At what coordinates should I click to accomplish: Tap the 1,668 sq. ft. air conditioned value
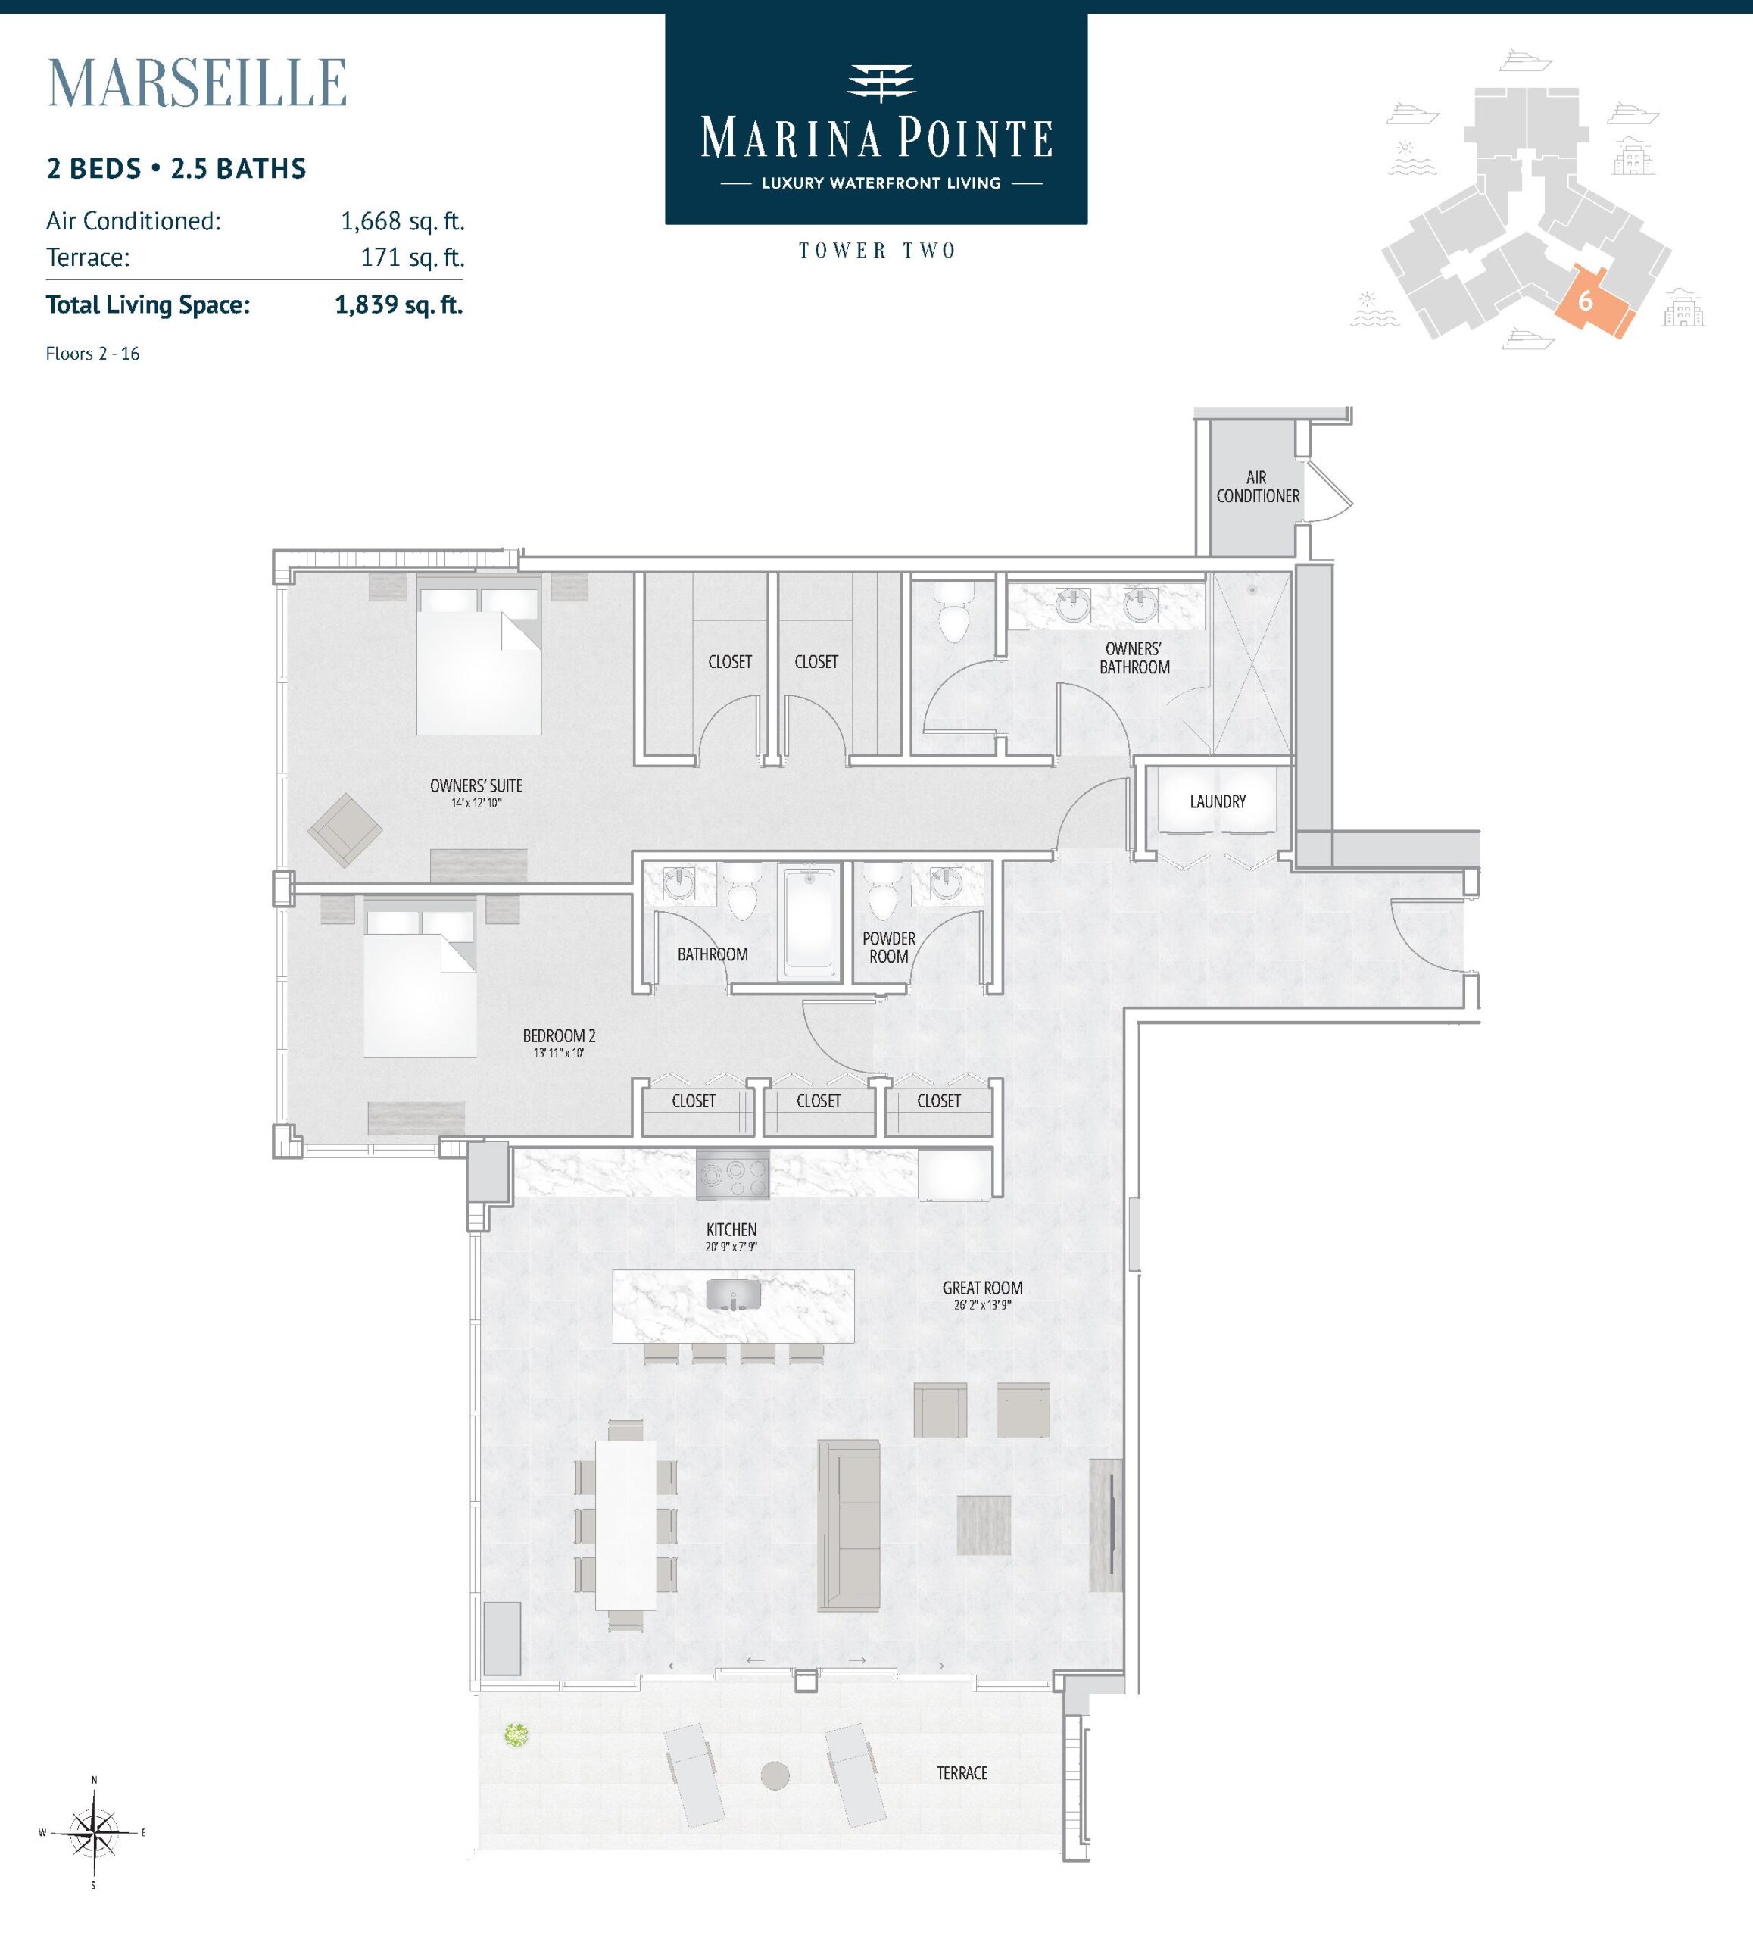(402, 221)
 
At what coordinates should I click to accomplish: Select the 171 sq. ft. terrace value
(413, 258)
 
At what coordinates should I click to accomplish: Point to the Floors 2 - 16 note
(92, 354)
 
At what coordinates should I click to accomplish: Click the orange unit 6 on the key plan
(1592, 300)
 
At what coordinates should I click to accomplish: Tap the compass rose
(93, 1833)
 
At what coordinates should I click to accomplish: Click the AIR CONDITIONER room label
(1257, 487)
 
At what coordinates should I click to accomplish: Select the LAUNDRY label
(1218, 801)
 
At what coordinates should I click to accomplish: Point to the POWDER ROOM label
(888, 948)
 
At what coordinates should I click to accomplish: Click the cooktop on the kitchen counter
(733, 1173)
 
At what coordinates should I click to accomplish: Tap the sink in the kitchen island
(733, 1294)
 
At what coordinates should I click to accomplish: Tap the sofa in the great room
(848, 1525)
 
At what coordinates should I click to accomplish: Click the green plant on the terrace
(516, 1735)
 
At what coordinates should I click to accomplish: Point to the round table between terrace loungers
(775, 1775)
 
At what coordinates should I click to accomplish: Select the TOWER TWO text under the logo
(877, 251)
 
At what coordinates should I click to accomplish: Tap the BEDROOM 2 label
(559, 1036)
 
